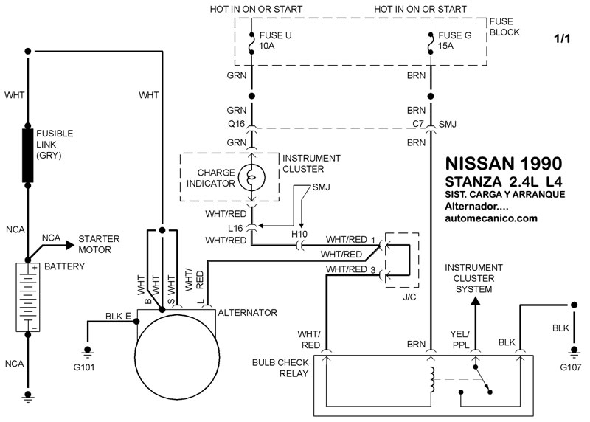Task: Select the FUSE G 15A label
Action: [x=451, y=39]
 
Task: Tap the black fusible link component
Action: [x=29, y=155]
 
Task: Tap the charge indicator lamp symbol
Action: [x=251, y=178]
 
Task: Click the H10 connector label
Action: [x=300, y=234]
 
